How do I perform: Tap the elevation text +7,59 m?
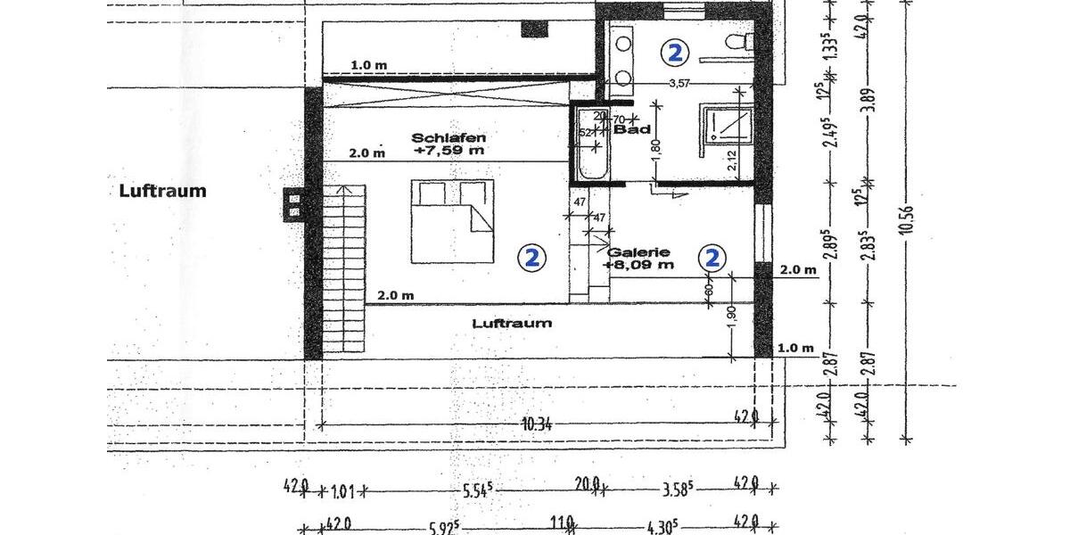click(x=449, y=152)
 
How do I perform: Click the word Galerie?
click(x=638, y=252)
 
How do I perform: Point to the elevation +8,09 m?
click(x=638, y=265)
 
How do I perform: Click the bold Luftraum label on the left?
click(x=162, y=191)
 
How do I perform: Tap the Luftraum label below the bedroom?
click(x=511, y=323)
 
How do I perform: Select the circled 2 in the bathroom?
click(x=675, y=53)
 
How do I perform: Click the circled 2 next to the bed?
click(x=531, y=259)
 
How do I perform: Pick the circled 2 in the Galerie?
click(x=712, y=259)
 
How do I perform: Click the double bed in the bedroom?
click(x=451, y=220)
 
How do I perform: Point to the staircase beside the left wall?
click(x=344, y=267)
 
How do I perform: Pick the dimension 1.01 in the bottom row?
click(x=343, y=490)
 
